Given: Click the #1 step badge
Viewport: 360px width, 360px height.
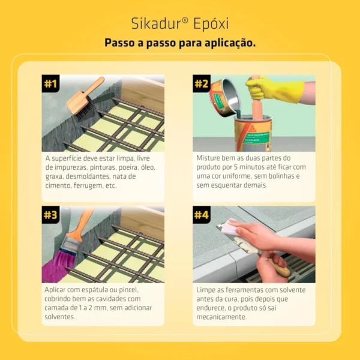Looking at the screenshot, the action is pyautogui.click(x=50, y=83).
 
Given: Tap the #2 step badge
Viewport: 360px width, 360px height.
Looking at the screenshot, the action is pyautogui.click(x=202, y=83).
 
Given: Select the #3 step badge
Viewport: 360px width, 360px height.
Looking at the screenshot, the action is pyautogui.click(x=50, y=215).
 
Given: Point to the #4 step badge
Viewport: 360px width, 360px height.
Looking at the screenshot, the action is pyautogui.click(x=202, y=215).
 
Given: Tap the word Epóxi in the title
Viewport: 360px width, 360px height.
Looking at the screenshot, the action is pyautogui.click(x=211, y=23).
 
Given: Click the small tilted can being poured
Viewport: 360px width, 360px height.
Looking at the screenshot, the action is pyautogui.click(x=224, y=98).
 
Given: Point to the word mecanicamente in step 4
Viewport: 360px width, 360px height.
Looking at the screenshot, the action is pyautogui.click(x=221, y=317).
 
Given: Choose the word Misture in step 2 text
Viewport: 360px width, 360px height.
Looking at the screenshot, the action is pyautogui.click(x=208, y=158).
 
